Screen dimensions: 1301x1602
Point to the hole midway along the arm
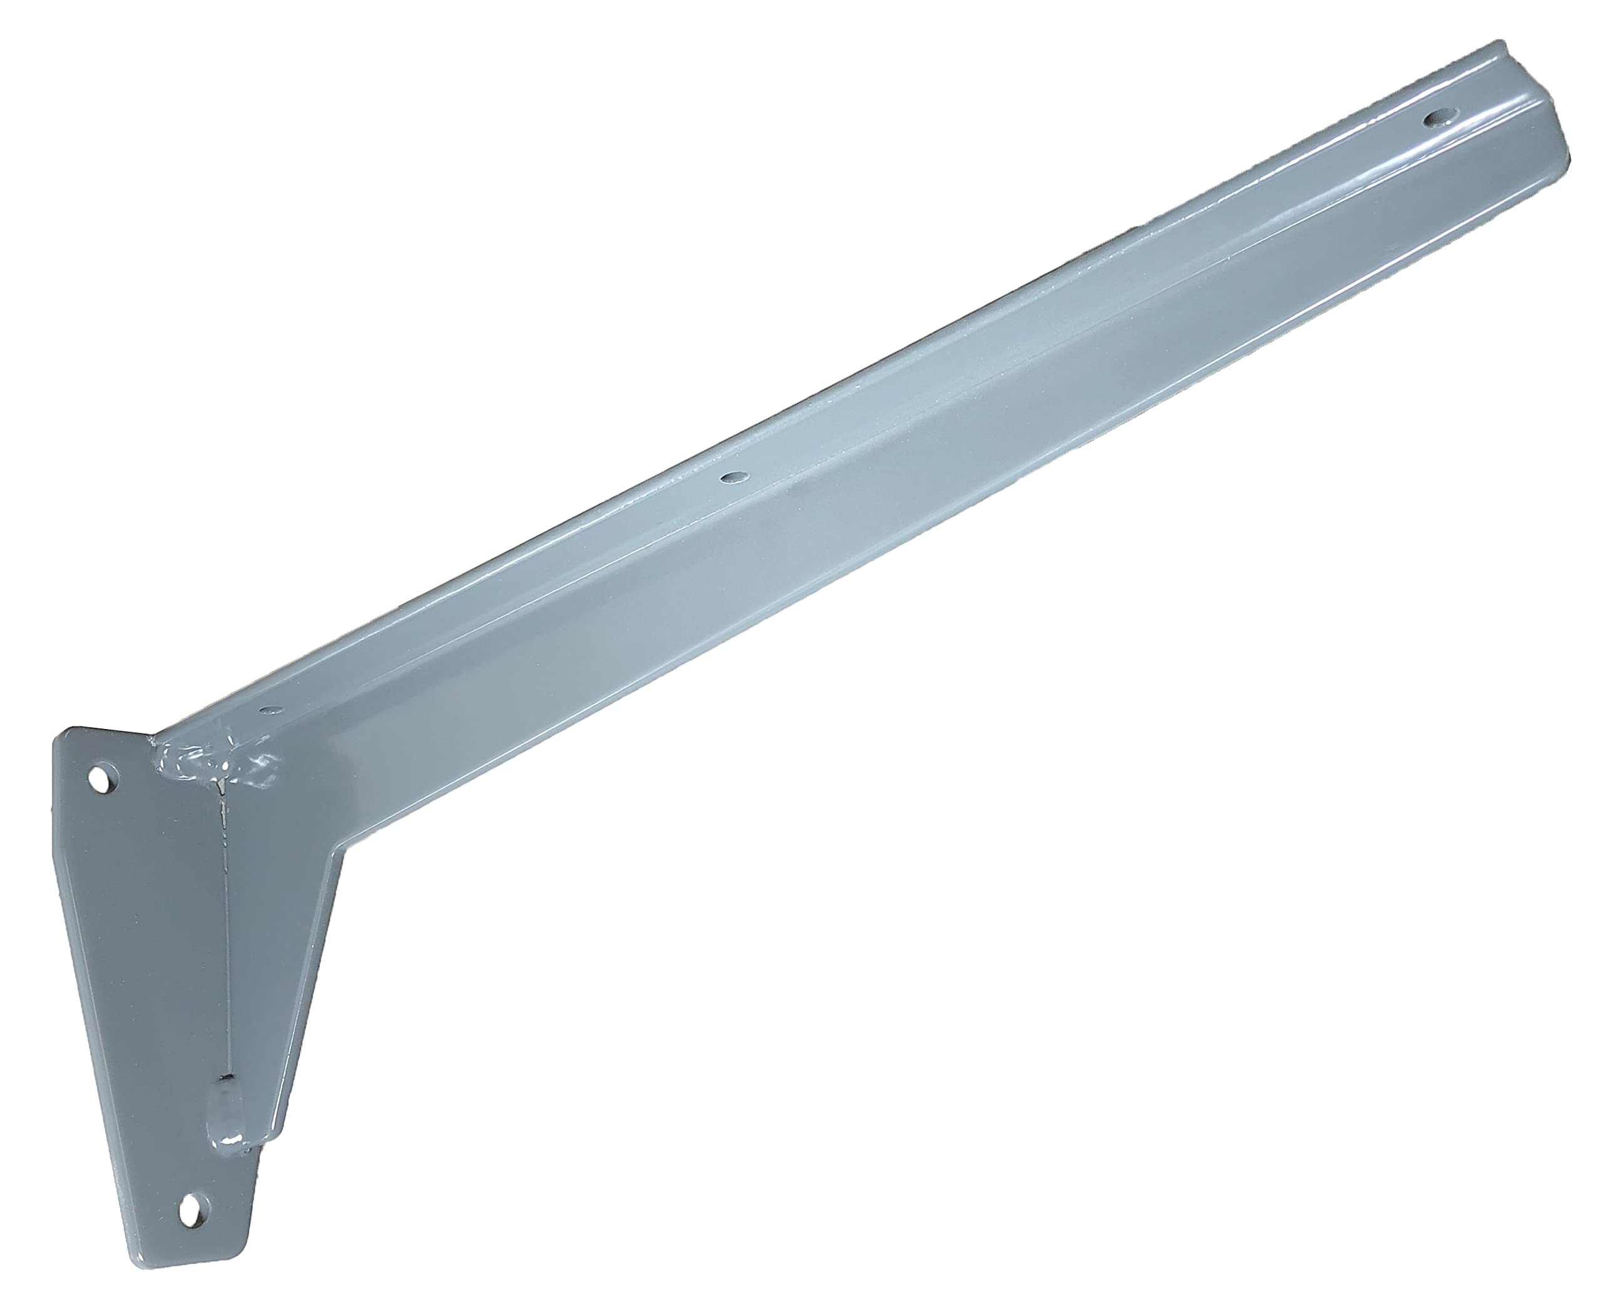click(732, 477)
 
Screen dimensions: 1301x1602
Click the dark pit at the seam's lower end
click(225, 1081)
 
